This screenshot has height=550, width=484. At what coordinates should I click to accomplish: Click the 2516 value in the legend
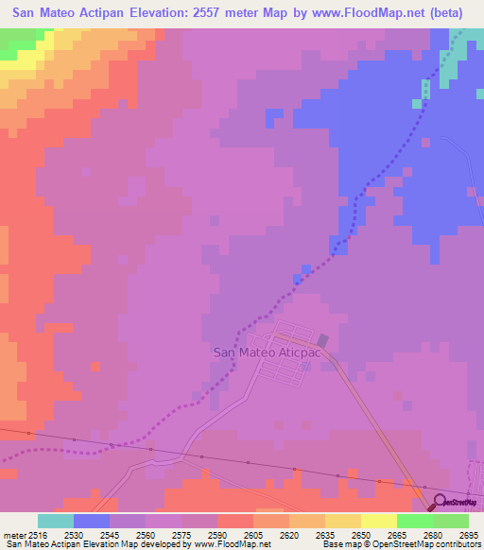pos(36,536)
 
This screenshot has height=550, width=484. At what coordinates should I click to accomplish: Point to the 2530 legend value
pos(74,536)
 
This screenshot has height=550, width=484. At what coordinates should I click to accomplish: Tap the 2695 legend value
pos(469,536)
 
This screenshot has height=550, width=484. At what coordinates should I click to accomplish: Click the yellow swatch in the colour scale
pos(378,521)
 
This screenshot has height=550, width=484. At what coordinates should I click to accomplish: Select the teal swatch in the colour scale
pos(56,521)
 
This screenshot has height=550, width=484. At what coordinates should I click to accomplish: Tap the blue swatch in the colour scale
pos(92,521)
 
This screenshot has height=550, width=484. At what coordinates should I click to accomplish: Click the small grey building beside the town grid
pos(323,340)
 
